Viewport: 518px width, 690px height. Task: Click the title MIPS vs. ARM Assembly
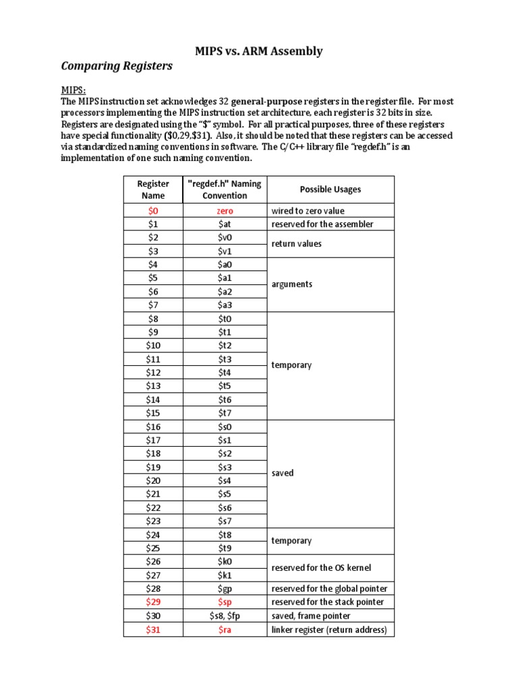point(258,51)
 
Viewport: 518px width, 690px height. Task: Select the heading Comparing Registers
point(117,66)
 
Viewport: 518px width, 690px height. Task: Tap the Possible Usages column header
point(330,189)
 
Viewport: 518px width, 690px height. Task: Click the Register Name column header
point(153,189)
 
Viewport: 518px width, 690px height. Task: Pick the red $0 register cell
point(153,210)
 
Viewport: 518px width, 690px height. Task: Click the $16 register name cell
point(153,427)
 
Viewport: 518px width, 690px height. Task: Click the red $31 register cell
point(153,629)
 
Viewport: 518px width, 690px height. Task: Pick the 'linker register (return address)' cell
point(329,629)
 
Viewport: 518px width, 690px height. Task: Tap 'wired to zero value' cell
point(308,210)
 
